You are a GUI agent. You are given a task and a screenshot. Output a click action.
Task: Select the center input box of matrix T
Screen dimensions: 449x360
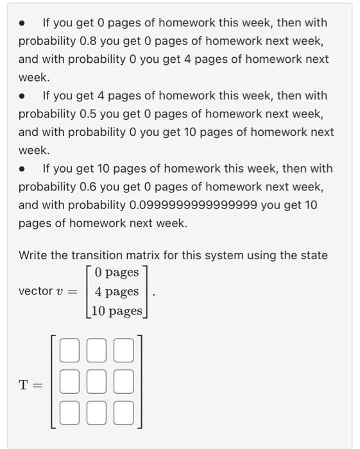point(97,382)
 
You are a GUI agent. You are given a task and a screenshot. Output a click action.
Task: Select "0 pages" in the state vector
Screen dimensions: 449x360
point(116,272)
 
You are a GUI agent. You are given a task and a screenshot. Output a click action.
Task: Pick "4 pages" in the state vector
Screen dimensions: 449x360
point(116,291)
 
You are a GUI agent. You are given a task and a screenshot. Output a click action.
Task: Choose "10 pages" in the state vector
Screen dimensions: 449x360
point(116,311)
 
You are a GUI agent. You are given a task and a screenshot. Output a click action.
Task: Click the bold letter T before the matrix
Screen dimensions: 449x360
point(24,385)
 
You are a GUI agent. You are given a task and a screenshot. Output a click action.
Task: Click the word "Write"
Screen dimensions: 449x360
point(33,255)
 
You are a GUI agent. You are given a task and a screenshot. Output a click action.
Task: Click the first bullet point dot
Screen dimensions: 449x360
point(23,23)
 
